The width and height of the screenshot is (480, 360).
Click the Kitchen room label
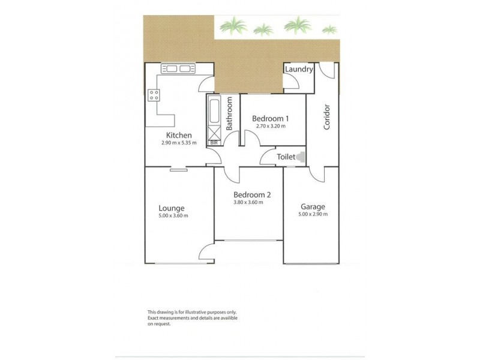point(179,135)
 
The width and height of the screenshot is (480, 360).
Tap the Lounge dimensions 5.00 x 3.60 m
point(173,215)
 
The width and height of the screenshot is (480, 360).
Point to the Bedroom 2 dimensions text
point(253,202)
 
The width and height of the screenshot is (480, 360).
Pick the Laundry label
point(299,70)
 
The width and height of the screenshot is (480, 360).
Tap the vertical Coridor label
point(327,117)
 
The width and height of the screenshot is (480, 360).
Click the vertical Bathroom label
point(229,115)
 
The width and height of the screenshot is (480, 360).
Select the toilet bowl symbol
point(300,157)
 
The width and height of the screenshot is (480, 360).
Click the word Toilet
point(285,157)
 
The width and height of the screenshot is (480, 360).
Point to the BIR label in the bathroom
point(214,143)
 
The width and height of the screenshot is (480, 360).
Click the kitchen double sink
point(176,68)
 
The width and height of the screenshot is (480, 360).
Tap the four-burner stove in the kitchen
point(154,94)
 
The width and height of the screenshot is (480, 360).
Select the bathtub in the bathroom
point(214,110)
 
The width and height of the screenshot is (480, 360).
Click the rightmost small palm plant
point(329,28)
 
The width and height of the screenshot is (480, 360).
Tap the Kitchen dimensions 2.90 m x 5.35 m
point(179,143)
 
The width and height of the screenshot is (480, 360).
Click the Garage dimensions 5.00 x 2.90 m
point(313,214)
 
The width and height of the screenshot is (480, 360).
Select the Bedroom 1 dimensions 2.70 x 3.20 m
point(269,126)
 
